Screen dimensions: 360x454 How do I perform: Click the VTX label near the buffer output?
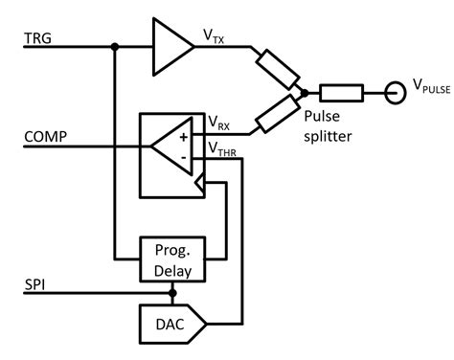click(214, 34)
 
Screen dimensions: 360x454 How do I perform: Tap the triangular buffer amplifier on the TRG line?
click(170, 45)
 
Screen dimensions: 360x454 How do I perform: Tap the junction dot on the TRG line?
click(114, 45)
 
